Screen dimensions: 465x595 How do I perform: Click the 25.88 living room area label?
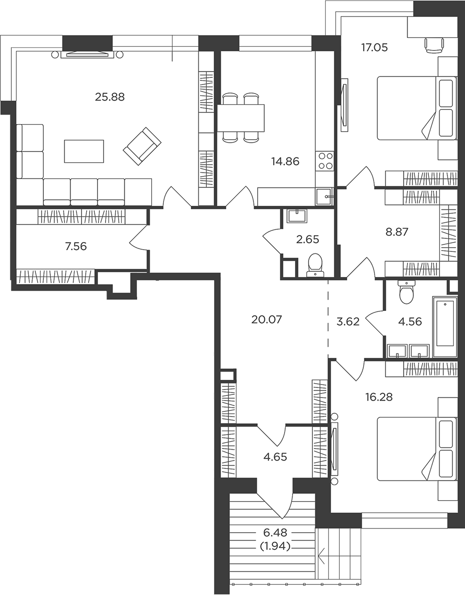pos(110,97)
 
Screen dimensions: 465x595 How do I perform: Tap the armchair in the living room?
pos(142,146)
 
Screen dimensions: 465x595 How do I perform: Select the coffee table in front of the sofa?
pos(84,151)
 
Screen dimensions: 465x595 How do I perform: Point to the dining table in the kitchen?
pos(241,118)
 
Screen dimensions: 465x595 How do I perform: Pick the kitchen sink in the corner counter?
pos(325,197)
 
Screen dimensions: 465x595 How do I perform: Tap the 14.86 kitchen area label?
pos(286,161)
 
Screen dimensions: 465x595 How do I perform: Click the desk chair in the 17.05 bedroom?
pos(434,45)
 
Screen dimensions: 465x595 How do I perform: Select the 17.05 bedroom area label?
pos(375,48)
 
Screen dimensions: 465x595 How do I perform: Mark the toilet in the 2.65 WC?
pos(315,265)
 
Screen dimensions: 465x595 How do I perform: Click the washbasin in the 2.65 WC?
pos(297,216)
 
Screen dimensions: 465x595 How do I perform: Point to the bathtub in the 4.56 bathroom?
pos(445,327)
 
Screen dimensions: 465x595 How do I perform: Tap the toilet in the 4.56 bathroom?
pos(407,292)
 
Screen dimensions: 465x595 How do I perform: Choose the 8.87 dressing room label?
pos(397,232)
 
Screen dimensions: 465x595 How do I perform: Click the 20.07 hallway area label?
pos(267,319)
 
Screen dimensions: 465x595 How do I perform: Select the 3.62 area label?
pos(348,321)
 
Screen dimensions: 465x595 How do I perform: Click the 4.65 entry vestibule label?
pos(275,457)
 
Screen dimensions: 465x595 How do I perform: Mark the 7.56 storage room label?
pos(76,246)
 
